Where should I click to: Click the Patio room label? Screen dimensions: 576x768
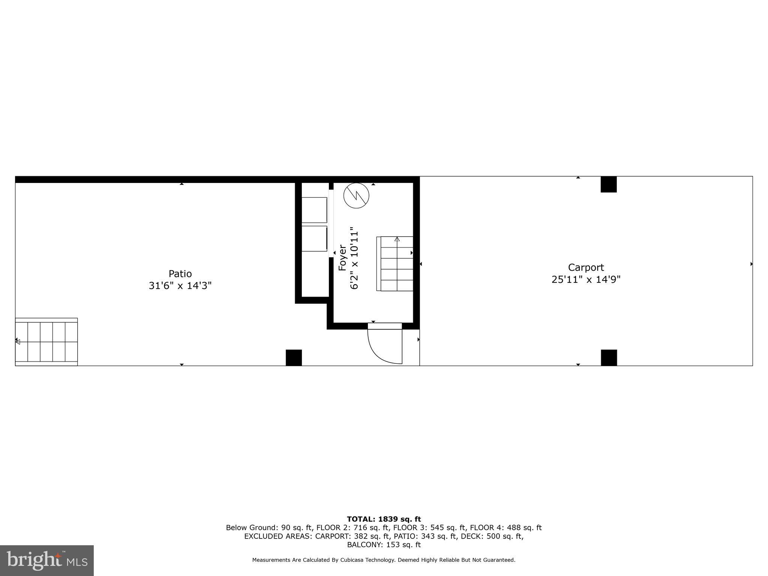(x=180, y=274)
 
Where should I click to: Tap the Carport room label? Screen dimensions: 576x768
(x=586, y=267)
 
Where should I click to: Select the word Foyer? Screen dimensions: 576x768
(x=342, y=258)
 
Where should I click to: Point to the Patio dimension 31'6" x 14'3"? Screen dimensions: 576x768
(x=180, y=286)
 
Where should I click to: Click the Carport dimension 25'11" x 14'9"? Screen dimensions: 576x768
(x=586, y=279)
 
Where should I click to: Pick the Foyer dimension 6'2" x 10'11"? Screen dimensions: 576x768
(x=354, y=258)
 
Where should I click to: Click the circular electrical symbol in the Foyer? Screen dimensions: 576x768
(x=356, y=195)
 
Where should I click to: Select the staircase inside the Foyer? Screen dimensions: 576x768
(x=395, y=264)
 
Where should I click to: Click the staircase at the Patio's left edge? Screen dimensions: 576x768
(x=46, y=342)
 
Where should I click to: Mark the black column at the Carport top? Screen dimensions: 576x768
(x=609, y=184)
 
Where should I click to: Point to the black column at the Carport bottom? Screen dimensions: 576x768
(x=609, y=357)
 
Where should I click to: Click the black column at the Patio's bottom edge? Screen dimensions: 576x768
(x=294, y=357)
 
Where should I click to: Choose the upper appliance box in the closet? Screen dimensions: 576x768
(x=314, y=210)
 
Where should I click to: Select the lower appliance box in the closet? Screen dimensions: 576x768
(x=314, y=238)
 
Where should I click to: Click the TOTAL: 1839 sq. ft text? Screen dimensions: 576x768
(x=384, y=519)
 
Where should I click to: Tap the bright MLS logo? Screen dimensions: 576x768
(x=46, y=560)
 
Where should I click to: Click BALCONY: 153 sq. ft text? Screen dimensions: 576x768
(x=384, y=544)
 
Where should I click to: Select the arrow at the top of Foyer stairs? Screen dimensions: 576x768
(x=397, y=239)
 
